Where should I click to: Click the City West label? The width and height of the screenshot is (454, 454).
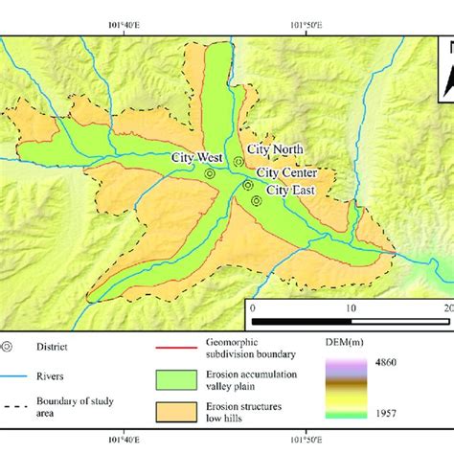coord(195,157)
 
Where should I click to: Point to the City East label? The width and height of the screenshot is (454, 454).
coord(290,190)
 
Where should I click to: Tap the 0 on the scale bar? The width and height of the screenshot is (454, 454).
coord(252,308)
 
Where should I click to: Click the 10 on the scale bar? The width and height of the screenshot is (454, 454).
coord(352,308)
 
